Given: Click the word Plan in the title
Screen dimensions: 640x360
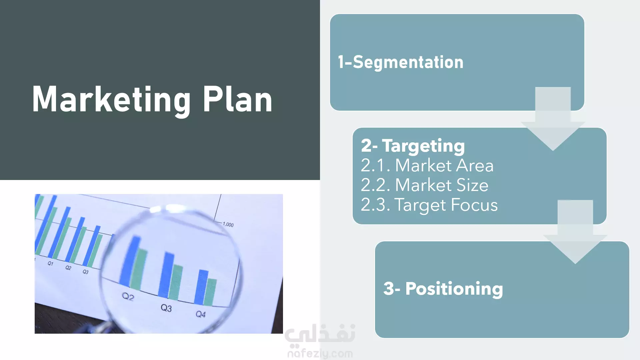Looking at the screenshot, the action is pos(238,99).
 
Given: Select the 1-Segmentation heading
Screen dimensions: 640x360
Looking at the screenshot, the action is pos(401,62).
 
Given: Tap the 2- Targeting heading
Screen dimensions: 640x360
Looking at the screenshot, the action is pos(413,146).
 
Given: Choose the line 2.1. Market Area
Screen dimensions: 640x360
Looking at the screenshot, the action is pos(427,165).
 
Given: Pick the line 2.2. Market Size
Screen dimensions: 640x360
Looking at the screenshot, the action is pos(425,185).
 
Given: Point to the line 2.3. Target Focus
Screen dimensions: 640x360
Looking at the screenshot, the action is pos(429,205).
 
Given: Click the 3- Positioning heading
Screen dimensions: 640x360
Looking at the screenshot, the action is pos(443,289).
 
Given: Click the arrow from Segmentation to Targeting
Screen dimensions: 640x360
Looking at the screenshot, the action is pos(553,119).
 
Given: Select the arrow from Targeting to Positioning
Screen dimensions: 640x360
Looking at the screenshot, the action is pos(575,232).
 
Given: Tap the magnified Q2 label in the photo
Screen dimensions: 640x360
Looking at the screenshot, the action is pos(128,296).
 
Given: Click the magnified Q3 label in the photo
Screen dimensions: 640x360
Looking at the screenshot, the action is pos(166,308).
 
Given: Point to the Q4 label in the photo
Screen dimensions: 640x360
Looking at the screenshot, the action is pos(201,314).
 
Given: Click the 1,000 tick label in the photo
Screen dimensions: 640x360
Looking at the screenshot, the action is pos(228,224).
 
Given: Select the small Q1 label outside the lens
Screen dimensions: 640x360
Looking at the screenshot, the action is pos(50,263).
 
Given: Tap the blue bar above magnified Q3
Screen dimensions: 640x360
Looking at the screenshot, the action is pos(166,275).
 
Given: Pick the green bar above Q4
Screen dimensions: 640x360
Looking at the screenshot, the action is pos(210,292).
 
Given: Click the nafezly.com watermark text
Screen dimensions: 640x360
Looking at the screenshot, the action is pos(320,353).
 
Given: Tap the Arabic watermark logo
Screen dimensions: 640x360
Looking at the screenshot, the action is pos(320,334).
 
